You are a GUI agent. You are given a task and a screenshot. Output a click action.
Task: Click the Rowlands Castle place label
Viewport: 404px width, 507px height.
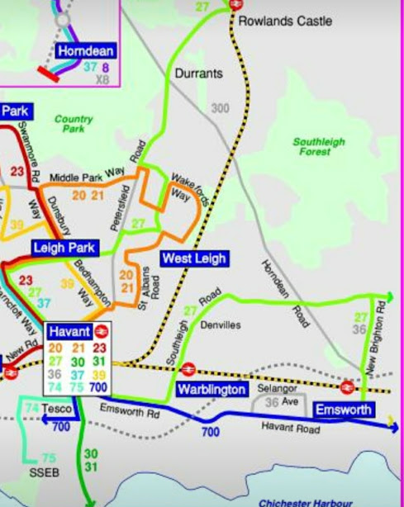(285, 20)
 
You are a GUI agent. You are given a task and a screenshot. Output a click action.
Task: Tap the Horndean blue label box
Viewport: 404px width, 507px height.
(85, 51)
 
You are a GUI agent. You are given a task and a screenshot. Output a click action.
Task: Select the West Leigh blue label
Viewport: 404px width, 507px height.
(193, 258)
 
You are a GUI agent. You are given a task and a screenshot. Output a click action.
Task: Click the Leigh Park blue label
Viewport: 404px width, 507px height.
(65, 248)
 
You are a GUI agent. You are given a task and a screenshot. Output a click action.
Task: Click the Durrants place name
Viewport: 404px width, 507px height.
(198, 73)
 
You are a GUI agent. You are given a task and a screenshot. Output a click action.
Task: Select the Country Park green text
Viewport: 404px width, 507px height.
(74, 124)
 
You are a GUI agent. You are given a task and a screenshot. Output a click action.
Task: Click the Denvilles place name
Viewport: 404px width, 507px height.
(220, 325)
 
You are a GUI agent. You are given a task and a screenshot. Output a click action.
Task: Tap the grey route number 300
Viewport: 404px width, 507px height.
(221, 108)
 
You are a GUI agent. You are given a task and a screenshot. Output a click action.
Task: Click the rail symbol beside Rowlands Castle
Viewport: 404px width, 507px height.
(236, 4)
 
